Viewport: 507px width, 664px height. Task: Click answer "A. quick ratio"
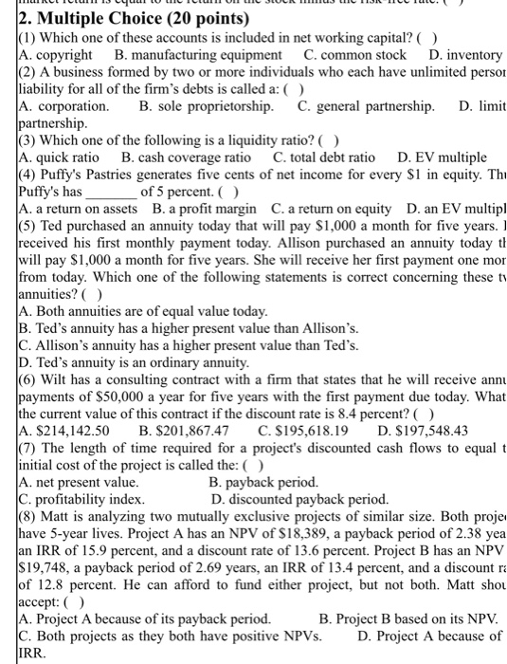(x=59, y=157)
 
